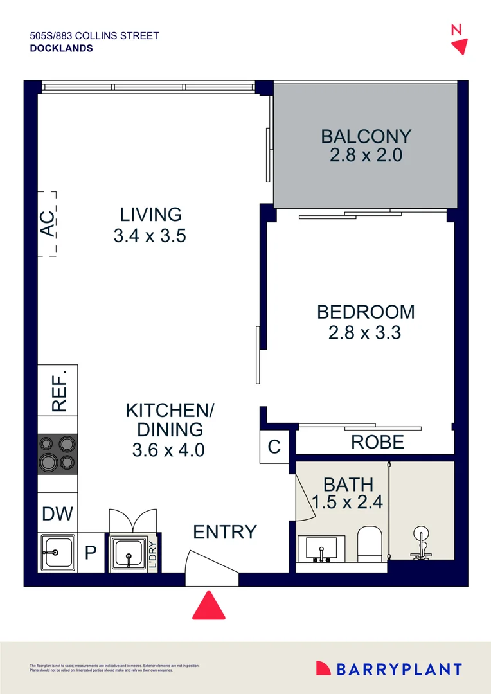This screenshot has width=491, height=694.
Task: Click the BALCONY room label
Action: coord(366,136)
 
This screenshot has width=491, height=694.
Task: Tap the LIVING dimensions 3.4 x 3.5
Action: coord(149,236)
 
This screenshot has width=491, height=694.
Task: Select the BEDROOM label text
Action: coord(366,312)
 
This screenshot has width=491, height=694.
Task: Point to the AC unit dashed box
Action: coord(47,224)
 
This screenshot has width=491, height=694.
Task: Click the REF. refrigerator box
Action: coord(58,390)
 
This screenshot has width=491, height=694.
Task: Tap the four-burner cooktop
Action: coord(58,454)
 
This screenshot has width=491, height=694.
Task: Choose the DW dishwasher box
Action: coord(57,513)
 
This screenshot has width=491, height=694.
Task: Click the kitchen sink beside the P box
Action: coord(58,551)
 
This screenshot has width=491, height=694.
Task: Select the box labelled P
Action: coord(91,552)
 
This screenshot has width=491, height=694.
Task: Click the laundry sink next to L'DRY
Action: coord(128,551)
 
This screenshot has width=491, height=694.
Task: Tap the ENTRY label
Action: coord(225,532)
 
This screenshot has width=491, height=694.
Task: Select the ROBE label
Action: coord(377,442)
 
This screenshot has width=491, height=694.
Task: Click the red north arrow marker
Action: coord(459,46)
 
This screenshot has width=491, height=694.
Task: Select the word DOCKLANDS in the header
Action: coord(61,48)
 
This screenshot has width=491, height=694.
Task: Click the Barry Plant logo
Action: coord(389,669)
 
